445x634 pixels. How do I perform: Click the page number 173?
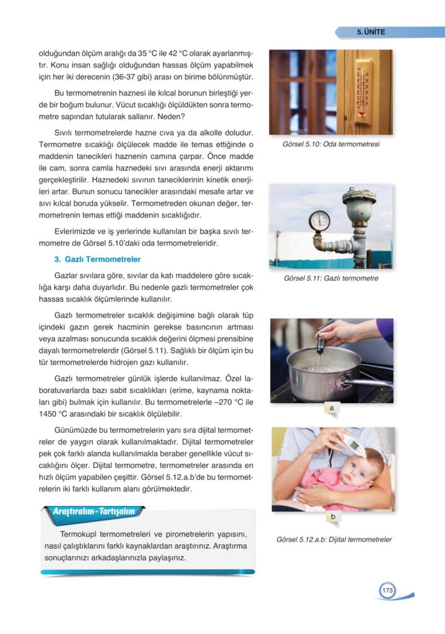tap(387, 590)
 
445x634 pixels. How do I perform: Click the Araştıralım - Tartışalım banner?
tap(93, 512)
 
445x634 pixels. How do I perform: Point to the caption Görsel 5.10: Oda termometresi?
tap(330, 144)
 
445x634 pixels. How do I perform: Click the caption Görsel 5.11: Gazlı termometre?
tap(331, 278)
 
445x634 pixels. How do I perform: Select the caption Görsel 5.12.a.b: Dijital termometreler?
tap(334, 539)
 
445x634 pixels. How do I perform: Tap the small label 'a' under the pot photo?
tap(332, 409)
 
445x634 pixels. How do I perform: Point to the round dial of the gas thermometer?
tap(319, 220)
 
